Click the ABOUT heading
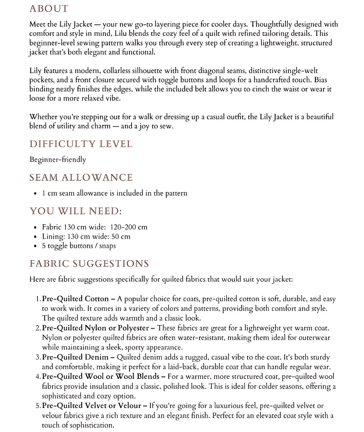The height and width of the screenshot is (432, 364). point(49,8)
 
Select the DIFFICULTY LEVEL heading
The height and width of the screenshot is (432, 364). point(81,144)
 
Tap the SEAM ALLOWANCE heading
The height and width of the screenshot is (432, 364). point(81,178)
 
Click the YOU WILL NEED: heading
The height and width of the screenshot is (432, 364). point(76,211)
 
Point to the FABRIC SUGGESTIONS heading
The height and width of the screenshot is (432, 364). point(89,264)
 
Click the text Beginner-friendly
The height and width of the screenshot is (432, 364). point(58,159)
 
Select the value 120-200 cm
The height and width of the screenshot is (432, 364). point(129,227)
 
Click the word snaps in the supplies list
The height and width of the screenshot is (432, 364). point(107,246)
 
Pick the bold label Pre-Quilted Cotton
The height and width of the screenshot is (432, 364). point(75,299)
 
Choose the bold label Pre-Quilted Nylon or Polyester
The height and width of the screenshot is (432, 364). point(96,328)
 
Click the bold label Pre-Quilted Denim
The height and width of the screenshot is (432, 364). point(75,357)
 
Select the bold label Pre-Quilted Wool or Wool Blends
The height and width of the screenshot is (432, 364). point(101,376)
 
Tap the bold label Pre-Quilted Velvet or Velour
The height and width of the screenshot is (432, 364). point(92,406)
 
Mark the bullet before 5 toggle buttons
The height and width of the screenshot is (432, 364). point(36,246)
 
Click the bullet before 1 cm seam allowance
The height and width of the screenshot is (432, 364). point(36,193)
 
